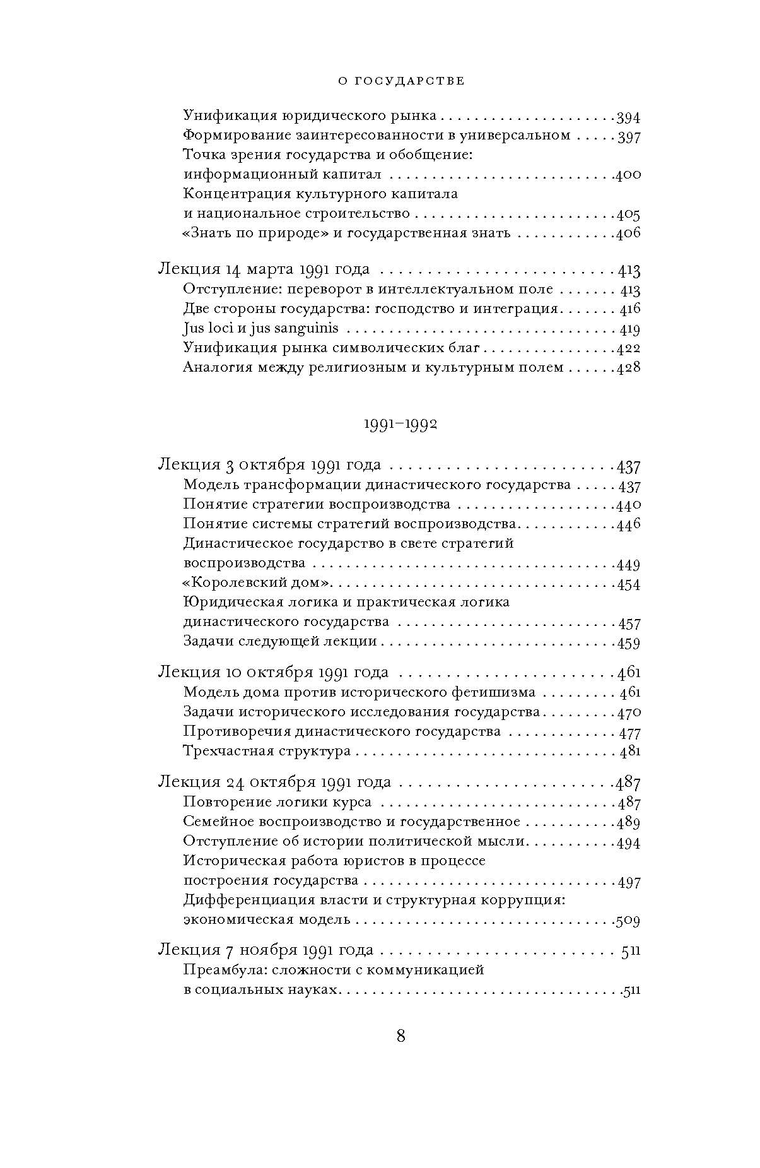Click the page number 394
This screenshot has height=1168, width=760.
628,117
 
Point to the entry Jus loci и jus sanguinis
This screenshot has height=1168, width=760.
260,328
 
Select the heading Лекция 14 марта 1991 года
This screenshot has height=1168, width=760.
263,269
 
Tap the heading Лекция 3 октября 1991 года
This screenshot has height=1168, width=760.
269,466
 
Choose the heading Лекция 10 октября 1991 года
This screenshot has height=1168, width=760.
273,673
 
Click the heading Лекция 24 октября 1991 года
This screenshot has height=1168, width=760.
274,782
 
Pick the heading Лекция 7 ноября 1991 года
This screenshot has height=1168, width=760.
266,950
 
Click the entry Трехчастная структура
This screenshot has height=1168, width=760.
267,751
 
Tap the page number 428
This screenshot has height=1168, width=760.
628,368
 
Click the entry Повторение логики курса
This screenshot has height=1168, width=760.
278,802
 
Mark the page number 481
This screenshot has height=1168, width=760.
629,752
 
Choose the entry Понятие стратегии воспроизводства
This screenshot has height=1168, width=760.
317,504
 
